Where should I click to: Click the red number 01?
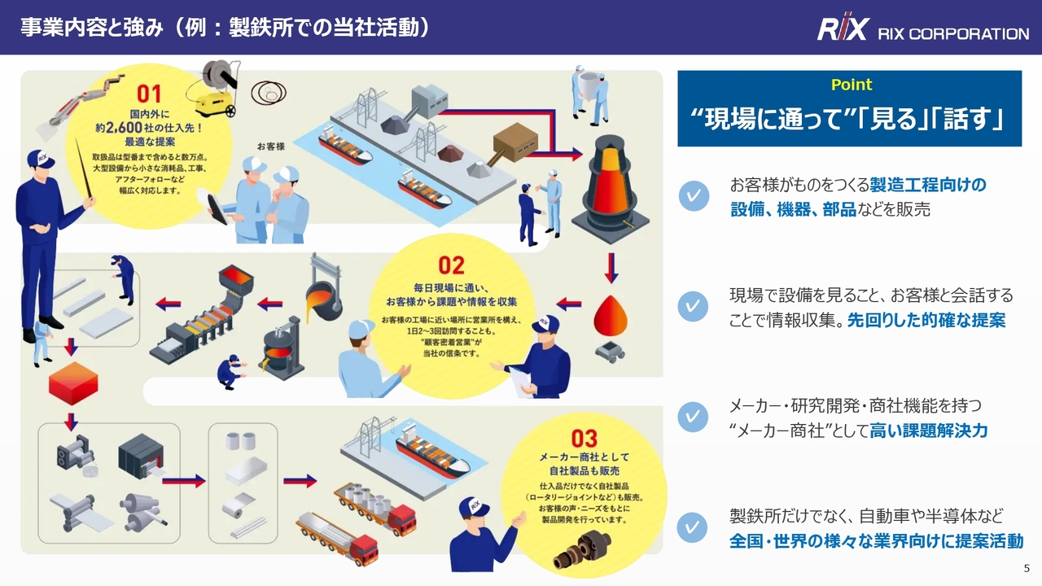coord(149,94)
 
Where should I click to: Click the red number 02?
coord(451,265)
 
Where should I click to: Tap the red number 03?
coord(584,439)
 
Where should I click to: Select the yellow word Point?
coord(852,85)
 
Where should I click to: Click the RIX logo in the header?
coord(843,28)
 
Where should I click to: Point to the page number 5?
coord(1027,568)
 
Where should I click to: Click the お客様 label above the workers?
coord(271,146)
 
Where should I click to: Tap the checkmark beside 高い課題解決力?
coord(693,417)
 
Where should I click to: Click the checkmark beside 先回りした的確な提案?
coord(693,306)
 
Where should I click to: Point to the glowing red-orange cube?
coord(73,383)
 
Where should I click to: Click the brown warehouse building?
coord(515,140)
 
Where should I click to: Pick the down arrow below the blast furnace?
coord(611,269)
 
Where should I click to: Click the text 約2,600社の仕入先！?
coord(149,128)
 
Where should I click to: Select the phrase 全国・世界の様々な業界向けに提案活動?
coord(877,541)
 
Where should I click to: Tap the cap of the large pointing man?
coord(41,159)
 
